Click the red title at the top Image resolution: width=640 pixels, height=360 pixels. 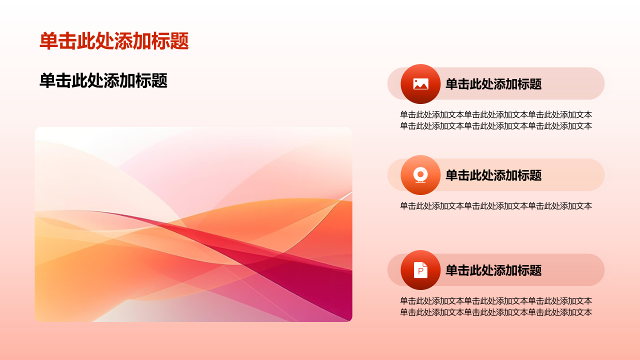point(114,41)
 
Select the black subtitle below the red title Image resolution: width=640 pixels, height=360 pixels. point(103,80)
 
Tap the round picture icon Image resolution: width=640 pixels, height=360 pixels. point(420,84)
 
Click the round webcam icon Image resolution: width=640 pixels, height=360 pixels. point(420,175)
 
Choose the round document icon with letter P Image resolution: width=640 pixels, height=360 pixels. point(420,270)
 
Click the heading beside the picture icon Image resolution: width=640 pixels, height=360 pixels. point(493,84)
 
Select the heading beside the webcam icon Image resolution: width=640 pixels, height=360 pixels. point(493,175)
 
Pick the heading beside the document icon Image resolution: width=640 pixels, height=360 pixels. point(493,270)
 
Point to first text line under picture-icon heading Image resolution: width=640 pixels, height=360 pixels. point(496,114)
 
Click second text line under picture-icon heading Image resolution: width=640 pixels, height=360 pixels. point(496,126)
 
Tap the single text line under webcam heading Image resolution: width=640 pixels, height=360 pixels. point(496,205)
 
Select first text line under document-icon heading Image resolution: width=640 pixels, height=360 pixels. point(496,301)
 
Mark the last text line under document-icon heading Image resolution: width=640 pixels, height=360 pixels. point(496,312)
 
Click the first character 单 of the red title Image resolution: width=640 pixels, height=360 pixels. point(49,41)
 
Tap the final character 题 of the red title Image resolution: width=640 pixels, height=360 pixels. point(179,41)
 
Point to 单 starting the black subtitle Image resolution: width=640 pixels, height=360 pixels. point(47,80)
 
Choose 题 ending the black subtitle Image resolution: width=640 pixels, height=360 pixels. point(159,80)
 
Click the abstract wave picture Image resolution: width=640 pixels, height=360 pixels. point(193,224)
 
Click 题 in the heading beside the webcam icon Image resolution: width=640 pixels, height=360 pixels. point(536,175)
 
